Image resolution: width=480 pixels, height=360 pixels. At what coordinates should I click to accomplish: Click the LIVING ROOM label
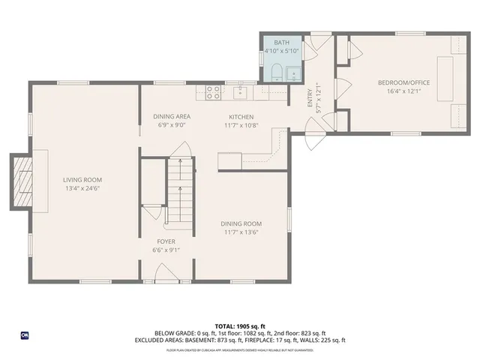pyautogui.click(x=82, y=179)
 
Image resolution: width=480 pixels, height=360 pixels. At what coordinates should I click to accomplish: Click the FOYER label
pyautogui.click(x=166, y=241)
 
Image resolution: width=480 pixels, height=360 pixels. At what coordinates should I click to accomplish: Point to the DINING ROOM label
pyautogui.click(x=241, y=223)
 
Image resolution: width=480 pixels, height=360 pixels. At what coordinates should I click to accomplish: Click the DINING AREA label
pyautogui.click(x=172, y=116)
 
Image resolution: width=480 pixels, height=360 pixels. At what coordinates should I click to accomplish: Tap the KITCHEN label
pyautogui.click(x=241, y=116)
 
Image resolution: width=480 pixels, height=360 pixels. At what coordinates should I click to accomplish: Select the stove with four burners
pyautogui.click(x=212, y=92)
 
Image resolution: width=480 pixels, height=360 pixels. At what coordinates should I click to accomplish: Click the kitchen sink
pyautogui.click(x=240, y=92)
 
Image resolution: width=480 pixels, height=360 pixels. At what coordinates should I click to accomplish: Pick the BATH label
pyautogui.click(x=281, y=43)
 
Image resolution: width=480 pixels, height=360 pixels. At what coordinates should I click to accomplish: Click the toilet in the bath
pyautogui.click(x=276, y=73)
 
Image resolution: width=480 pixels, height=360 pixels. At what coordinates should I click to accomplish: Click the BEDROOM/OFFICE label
pyautogui.click(x=403, y=82)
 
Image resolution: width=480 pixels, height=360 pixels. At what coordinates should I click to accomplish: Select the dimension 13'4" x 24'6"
pyautogui.click(x=82, y=188)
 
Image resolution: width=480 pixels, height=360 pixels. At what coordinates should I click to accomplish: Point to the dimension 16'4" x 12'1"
pyautogui.click(x=403, y=91)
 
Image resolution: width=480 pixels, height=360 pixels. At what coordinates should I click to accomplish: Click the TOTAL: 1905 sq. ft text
pyautogui.click(x=240, y=325)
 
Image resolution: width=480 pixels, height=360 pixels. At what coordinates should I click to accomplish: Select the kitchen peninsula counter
pyautogui.click(x=247, y=159)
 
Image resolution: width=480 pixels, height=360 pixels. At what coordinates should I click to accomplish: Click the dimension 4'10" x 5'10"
pyautogui.click(x=281, y=51)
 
